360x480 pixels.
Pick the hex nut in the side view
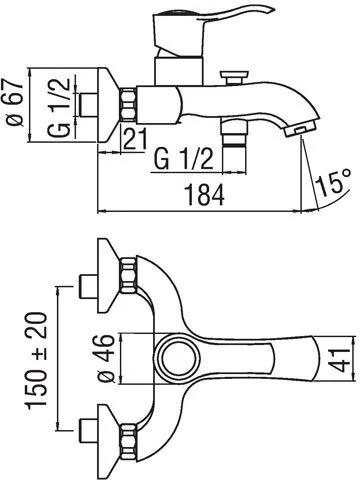click(130, 101)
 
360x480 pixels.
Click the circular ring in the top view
click(181, 358)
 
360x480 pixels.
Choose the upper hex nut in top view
click(129, 273)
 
